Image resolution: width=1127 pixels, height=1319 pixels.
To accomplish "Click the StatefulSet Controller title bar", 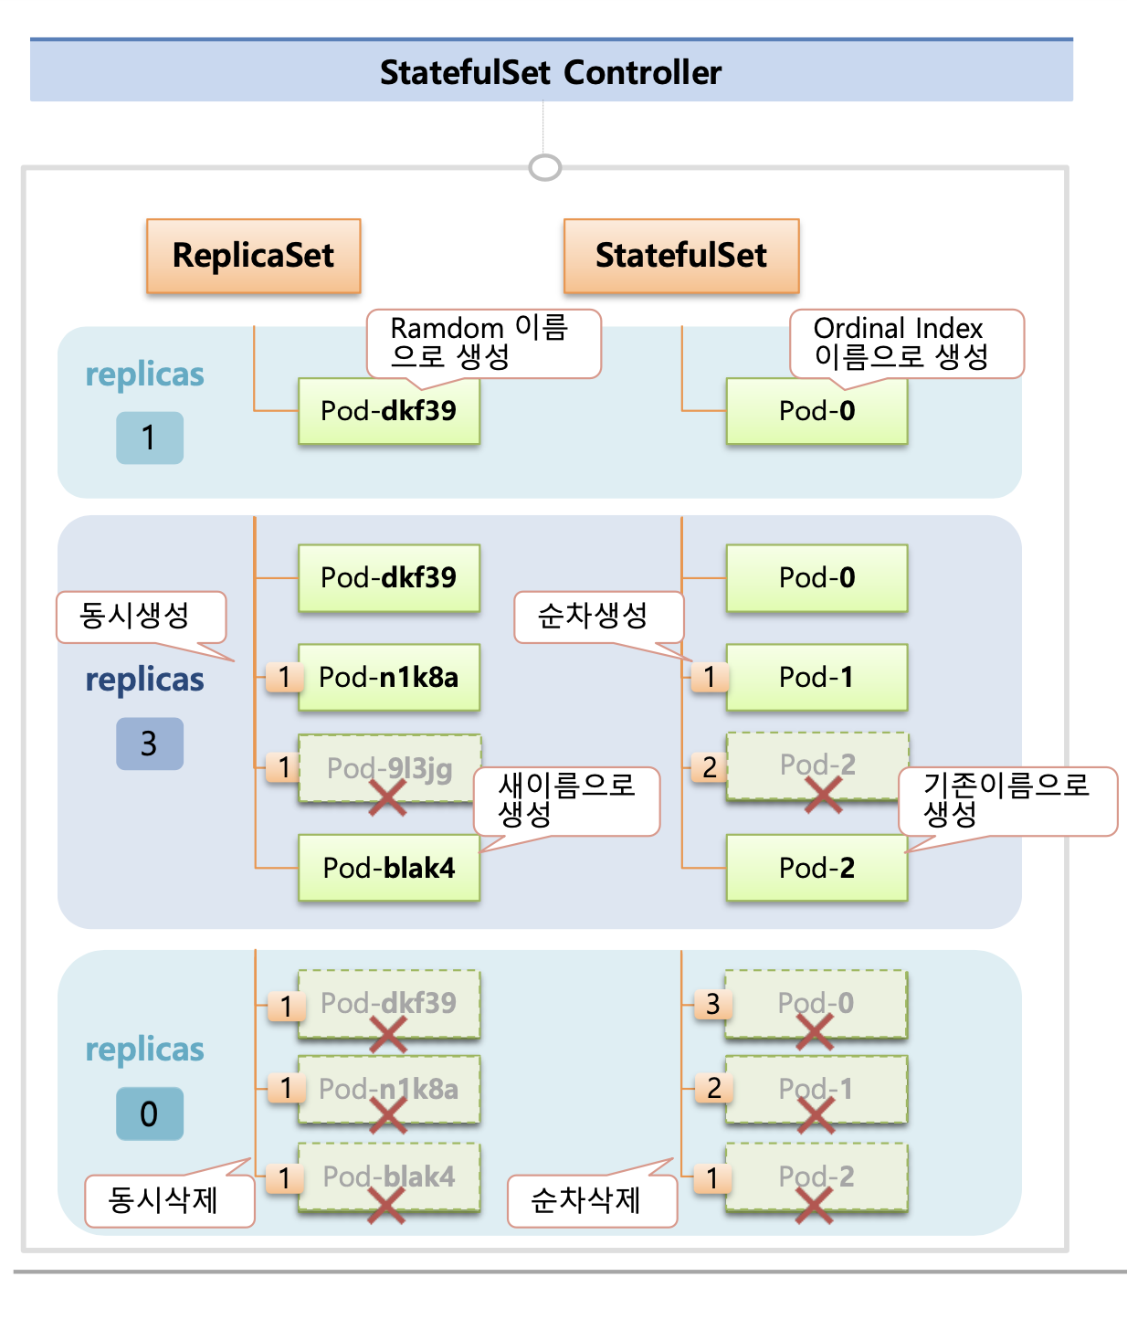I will point(551,71).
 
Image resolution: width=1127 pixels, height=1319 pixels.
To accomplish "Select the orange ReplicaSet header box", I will point(253,256).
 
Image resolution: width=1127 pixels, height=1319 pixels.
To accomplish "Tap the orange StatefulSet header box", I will point(681,256).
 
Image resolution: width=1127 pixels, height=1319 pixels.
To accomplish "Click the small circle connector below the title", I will point(545,168).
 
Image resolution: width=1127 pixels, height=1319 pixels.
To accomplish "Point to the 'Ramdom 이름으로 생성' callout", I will point(483,343).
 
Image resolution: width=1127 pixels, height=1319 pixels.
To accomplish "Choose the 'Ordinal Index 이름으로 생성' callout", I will point(906,343).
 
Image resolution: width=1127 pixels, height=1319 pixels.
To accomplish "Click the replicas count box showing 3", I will point(150,744).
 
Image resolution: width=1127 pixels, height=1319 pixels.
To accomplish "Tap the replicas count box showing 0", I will point(150,1113).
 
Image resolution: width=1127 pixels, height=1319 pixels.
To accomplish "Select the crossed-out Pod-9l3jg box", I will point(389,769).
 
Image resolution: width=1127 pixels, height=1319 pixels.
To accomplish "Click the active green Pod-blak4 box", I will point(389,868).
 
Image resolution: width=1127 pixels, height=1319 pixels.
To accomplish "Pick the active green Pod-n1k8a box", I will point(389,678).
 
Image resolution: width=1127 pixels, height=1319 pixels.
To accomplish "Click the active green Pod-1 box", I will point(816,678).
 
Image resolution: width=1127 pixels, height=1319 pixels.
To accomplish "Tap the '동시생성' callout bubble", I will point(141,617).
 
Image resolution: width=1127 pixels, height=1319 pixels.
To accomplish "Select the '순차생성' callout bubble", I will point(598,617).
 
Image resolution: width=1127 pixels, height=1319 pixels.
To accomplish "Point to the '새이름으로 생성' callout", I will point(566,800).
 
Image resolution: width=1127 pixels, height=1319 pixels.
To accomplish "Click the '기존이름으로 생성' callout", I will point(1007,800).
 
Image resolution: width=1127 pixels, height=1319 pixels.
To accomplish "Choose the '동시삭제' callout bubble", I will point(169,1200).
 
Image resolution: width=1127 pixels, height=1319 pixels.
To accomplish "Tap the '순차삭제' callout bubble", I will point(592,1200).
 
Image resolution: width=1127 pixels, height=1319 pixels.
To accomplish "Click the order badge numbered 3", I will point(712,1005).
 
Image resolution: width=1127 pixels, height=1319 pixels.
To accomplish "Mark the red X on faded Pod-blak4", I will point(386,1203).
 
